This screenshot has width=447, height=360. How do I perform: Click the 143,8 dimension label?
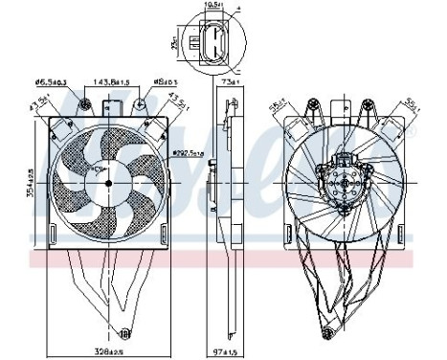112,83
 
